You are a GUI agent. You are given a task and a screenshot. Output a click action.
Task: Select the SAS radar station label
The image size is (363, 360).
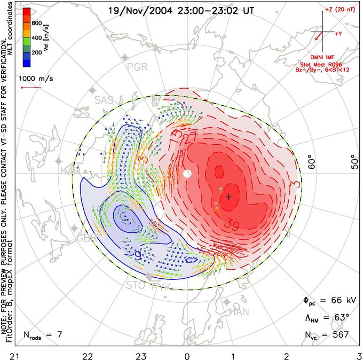[105, 100]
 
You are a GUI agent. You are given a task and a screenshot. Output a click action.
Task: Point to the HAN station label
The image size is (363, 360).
[239, 311]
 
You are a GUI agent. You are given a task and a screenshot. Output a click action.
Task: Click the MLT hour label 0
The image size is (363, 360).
[187, 355]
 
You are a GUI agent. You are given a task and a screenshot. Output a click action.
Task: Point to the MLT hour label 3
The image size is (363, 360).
[358, 355]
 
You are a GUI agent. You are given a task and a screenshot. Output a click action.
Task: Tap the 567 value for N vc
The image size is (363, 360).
[340, 335]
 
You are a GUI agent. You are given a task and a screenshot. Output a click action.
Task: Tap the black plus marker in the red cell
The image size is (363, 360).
[228, 197]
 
